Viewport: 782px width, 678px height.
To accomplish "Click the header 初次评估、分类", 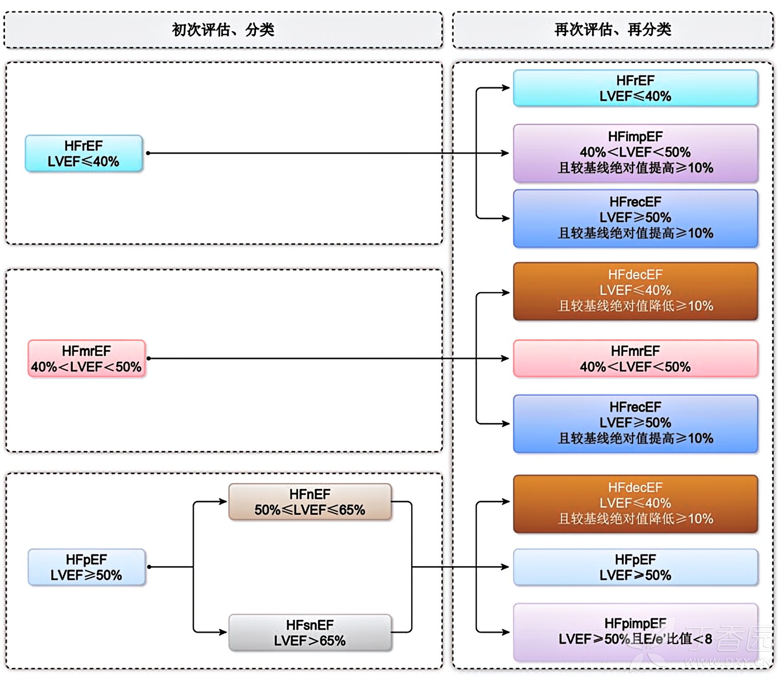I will click(x=223, y=30).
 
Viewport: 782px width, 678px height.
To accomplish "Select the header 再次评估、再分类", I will click(x=613, y=30).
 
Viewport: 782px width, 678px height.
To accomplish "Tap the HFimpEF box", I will click(x=635, y=153).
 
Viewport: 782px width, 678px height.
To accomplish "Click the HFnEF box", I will click(x=309, y=502).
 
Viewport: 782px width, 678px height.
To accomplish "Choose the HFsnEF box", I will click(x=309, y=633).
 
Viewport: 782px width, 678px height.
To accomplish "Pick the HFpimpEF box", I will click(x=635, y=631).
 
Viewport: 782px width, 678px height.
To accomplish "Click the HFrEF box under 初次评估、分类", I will click(x=83, y=153).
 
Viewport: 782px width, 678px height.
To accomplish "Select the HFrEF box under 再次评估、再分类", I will click(x=635, y=88).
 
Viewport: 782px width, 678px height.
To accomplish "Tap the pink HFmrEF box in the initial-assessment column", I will click(x=86, y=358).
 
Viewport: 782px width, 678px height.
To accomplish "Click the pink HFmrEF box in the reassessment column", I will click(x=635, y=358).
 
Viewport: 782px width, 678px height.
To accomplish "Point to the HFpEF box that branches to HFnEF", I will click(x=86, y=567).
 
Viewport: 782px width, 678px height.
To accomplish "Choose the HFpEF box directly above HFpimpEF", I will click(x=635, y=567).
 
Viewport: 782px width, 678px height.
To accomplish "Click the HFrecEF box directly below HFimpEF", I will click(x=635, y=218).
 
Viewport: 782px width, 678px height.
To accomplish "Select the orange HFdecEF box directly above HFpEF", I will click(x=635, y=503).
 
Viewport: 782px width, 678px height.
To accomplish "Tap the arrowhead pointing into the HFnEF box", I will click(x=223, y=501).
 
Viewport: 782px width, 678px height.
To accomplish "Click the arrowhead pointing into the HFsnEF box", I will click(x=223, y=632).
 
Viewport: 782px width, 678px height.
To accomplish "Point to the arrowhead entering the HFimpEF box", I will click(x=505, y=153).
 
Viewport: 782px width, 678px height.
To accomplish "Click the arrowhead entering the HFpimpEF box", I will click(x=506, y=632).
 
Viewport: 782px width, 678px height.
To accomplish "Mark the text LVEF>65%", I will click(x=309, y=640).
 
